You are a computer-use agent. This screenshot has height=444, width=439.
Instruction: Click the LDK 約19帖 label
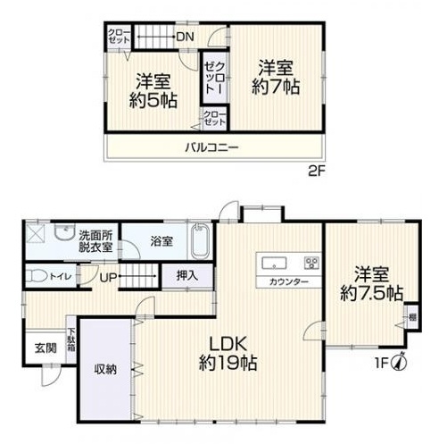tap(228, 352)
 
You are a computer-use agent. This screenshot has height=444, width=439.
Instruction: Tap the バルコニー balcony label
tap(211, 147)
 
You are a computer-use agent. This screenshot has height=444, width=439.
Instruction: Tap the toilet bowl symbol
tap(34, 276)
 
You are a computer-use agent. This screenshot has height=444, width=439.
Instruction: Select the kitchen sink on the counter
tap(273, 263)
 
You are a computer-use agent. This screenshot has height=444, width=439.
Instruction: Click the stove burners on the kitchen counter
tap(311, 263)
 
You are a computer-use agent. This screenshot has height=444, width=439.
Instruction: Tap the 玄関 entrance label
tap(45, 348)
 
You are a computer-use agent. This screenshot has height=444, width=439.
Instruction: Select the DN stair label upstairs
tap(185, 37)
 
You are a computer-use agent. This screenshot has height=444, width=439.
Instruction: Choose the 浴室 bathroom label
tap(162, 241)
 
